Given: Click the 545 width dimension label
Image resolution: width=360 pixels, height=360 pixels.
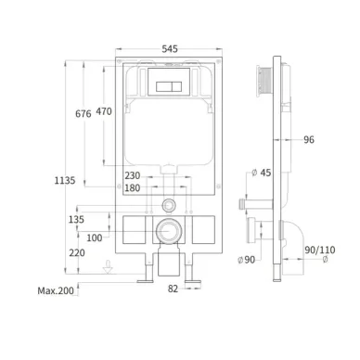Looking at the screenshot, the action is click(170, 49).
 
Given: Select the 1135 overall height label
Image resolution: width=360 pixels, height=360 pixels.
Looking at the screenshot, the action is click(65, 180).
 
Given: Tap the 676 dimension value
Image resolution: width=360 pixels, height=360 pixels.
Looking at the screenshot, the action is click(84, 114).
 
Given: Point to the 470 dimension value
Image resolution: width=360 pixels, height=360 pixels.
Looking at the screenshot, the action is click(104, 111).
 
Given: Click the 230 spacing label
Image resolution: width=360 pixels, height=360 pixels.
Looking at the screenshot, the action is click(133, 175).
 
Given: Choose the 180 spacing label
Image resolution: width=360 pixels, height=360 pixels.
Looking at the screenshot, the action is click(133, 188).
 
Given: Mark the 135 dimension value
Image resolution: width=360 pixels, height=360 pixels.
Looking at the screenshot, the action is click(76, 220).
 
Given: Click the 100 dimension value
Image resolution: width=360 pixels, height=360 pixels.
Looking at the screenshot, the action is click(95, 238).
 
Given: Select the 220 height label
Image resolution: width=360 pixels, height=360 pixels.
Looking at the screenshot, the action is click(77, 253).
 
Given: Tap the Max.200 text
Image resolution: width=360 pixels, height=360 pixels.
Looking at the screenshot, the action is click(56, 290).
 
